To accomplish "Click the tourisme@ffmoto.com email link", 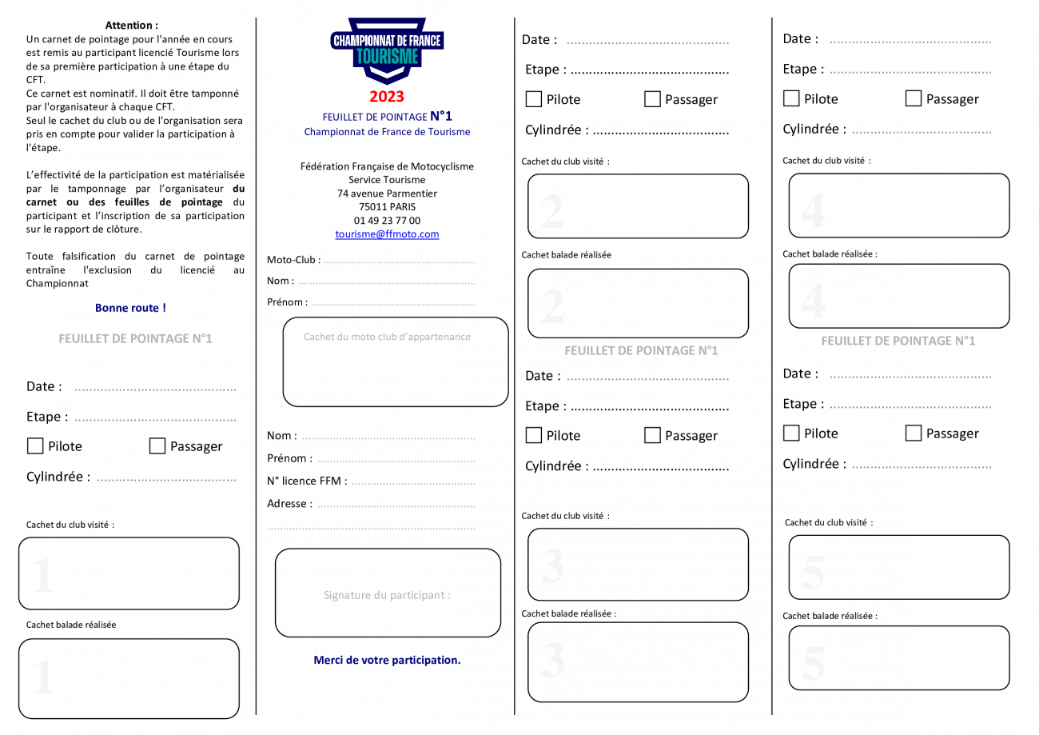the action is point(387,234).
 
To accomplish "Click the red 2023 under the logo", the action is point(387,97).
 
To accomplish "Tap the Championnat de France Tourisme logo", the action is point(387,50).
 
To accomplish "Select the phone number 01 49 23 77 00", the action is point(387,221).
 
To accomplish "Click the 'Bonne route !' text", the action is point(130,308).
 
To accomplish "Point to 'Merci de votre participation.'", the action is point(387,660).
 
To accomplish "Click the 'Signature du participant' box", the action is point(388,593).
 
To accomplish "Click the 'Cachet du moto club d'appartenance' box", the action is point(396,362).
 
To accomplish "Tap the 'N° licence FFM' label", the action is point(307,481).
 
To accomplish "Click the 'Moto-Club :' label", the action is point(293,260).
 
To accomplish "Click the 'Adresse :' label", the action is point(290,503).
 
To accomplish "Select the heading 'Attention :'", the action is point(131,25).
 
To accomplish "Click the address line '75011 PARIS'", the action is point(387,207).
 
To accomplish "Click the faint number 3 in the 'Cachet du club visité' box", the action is point(552,566).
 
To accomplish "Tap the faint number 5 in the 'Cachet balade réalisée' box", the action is point(814,662).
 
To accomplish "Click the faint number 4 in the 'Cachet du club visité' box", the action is point(814,211).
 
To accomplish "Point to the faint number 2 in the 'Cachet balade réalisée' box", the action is point(552,306).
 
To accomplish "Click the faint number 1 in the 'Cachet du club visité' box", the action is point(44,575).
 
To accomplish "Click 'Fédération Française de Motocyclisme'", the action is point(387,166).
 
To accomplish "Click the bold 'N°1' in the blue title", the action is point(440,116).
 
